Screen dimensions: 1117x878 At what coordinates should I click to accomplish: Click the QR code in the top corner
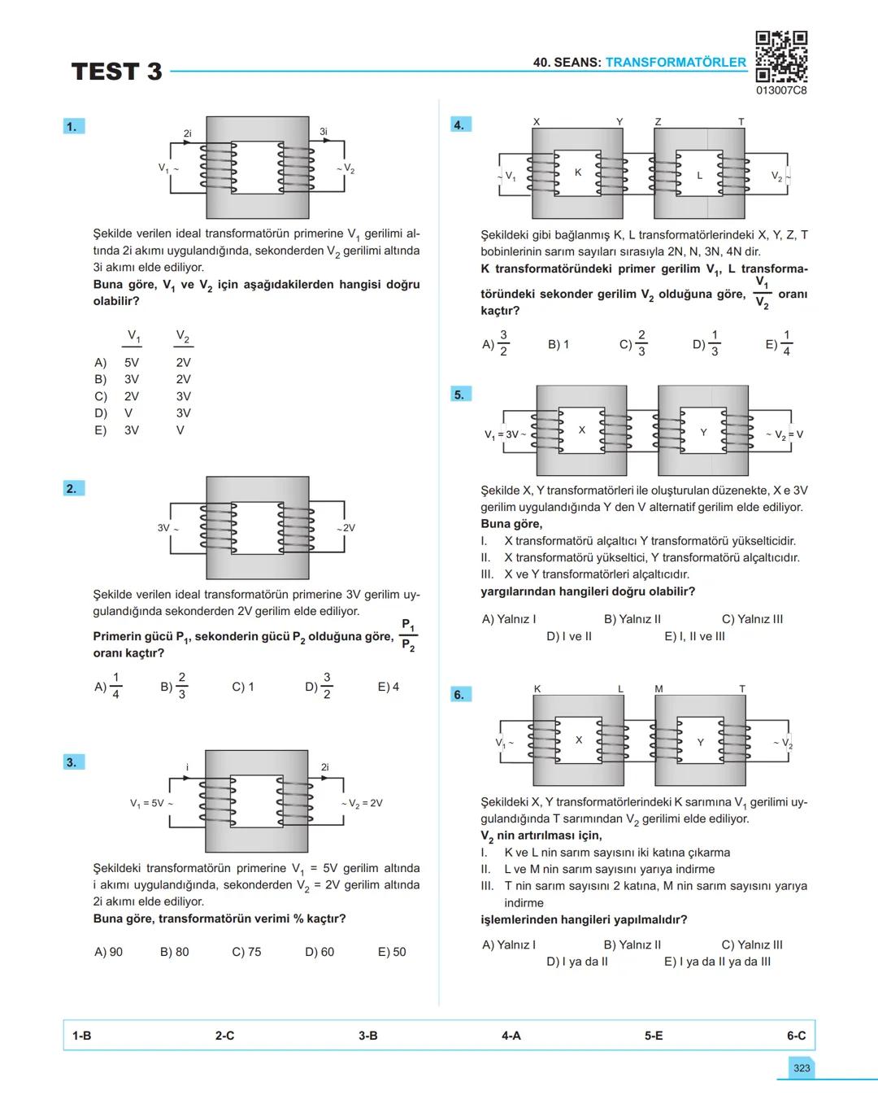781,56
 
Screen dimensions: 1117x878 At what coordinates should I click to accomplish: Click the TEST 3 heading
117,72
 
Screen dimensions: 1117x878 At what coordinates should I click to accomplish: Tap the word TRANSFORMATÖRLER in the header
676,62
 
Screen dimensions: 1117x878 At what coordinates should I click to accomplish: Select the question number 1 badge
72,126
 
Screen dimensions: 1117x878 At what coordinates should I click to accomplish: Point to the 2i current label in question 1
188,133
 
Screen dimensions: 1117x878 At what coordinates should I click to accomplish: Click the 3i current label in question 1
323,131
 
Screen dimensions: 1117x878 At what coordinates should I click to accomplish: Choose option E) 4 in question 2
389,687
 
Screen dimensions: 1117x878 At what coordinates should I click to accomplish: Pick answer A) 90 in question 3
109,952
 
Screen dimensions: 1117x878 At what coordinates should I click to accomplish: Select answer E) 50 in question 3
392,952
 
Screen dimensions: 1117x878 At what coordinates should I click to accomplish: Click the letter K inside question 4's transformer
578,172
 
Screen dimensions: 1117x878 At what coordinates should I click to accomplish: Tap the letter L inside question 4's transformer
699,175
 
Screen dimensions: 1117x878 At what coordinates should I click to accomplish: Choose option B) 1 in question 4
559,344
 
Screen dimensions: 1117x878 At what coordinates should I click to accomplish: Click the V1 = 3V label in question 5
503,434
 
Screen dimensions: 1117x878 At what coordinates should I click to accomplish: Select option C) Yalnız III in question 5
752,619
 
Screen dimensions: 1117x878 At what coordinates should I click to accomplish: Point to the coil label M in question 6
658,689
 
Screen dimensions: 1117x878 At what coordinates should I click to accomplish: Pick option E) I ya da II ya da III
717,962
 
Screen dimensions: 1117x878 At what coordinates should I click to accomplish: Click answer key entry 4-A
511,1036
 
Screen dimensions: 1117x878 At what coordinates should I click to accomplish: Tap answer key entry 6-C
796,1036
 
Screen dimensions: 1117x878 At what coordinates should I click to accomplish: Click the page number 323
802,1068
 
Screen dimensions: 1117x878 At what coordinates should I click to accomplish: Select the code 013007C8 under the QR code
781,90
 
